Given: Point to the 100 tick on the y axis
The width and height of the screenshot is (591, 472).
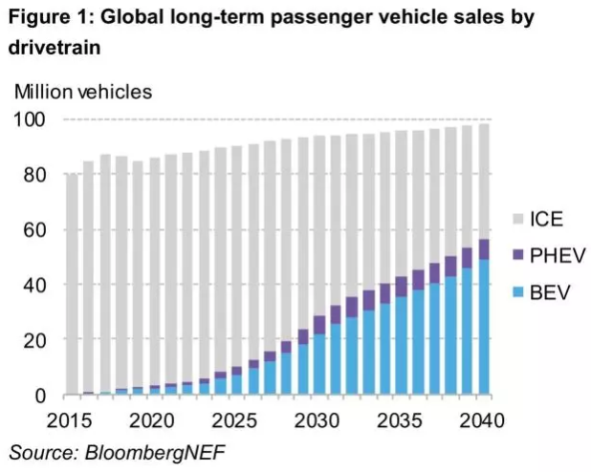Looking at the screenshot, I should (x=33, y=119).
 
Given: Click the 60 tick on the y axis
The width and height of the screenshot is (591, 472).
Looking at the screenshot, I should (x=37, y=229).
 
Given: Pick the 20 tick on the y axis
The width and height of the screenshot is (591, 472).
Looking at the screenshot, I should (x=37, y=339).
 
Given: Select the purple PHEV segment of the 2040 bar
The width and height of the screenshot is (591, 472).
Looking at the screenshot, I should (x=484, y=249).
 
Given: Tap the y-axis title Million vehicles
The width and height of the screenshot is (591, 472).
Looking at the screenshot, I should (x=82, y=92).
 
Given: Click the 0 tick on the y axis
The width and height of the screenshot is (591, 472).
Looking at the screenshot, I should (x=42, y=395).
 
